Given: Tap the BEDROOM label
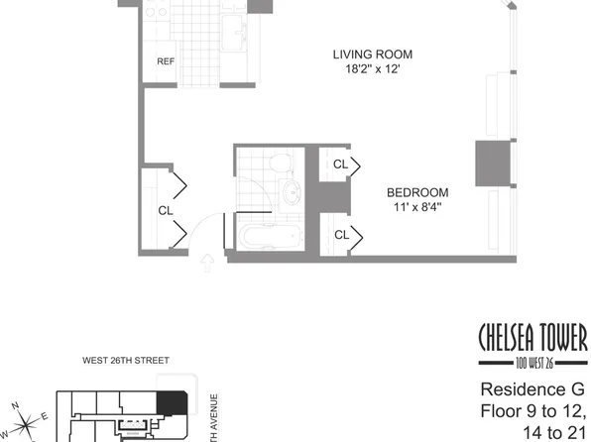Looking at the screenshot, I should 417,192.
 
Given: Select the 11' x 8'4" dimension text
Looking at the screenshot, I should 417,208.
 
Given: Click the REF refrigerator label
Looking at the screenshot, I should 166,61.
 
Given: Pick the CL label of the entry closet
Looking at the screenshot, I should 165,210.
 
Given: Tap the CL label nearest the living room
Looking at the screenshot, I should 340,164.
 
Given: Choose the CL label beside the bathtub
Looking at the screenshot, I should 340,235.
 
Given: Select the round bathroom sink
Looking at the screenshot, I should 291,192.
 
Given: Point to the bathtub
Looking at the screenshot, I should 270,238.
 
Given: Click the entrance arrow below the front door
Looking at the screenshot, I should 208,264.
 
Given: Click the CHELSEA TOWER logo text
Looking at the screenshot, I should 533,334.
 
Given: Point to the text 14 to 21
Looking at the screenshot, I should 553,431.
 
